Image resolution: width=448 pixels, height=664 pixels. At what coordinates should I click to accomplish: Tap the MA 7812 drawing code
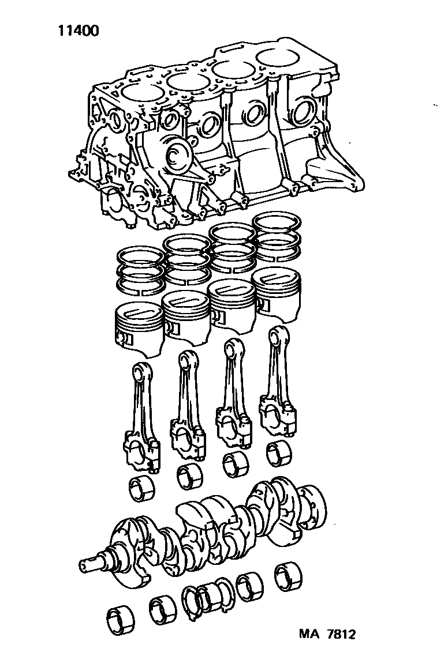coord(327,634)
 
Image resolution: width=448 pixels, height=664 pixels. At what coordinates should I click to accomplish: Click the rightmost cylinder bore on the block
coord(279,58)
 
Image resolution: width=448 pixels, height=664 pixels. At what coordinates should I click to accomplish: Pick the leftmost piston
coord(140,326)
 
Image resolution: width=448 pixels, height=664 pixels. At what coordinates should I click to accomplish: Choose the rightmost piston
coord(276,292)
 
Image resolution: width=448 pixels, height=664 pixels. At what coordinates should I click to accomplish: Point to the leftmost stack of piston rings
coord(140,270)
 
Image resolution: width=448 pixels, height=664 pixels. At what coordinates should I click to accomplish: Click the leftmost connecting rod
coord(142,417)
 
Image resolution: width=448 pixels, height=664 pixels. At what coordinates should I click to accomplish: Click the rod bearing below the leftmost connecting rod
coord(141,489)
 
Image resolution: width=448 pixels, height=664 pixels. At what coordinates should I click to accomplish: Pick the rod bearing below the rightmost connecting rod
coord(279,452)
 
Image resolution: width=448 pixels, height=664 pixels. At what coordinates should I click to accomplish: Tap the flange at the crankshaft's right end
coord(313,506)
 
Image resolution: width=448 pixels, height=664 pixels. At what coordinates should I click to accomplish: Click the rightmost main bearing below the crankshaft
coord(289,579)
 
